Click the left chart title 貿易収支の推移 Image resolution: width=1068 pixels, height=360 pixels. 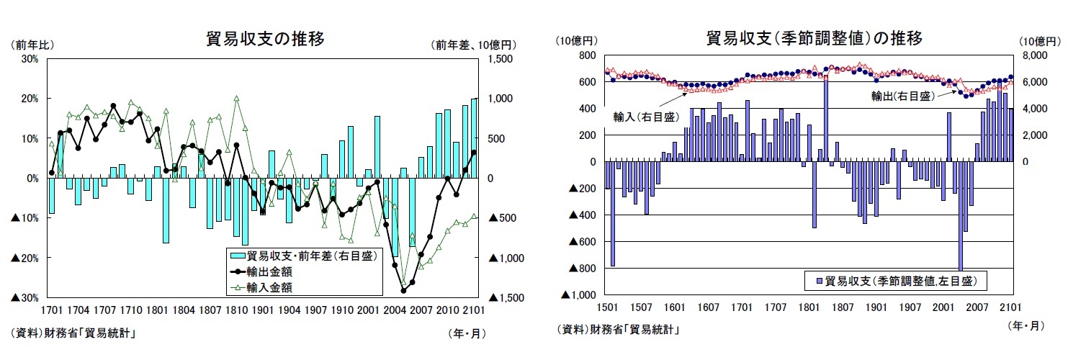[265, 40]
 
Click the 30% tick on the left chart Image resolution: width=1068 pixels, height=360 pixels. [30, 59]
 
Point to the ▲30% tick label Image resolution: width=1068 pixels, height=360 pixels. [25, 297]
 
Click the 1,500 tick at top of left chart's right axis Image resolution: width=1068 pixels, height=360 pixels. [501, 59]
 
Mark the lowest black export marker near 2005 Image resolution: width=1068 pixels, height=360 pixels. [403, 290]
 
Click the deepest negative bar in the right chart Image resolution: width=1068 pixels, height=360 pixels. [961, 216]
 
